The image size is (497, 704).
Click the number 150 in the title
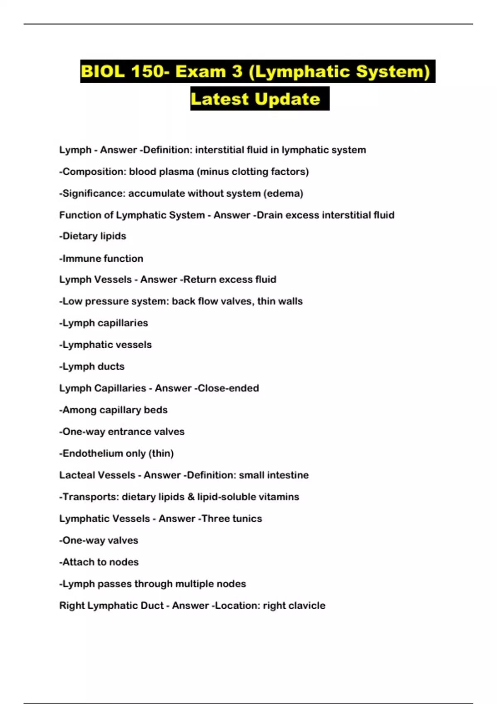[147, 72]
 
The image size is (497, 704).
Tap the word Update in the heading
[287, 99]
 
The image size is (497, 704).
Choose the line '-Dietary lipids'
[93, 236]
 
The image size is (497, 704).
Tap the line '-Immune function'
[101, 258]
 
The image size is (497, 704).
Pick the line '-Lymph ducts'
[92, 366]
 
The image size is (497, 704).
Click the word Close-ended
[228, 388]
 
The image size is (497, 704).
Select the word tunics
[247, 518]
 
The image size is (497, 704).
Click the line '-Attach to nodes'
[99, 562]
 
